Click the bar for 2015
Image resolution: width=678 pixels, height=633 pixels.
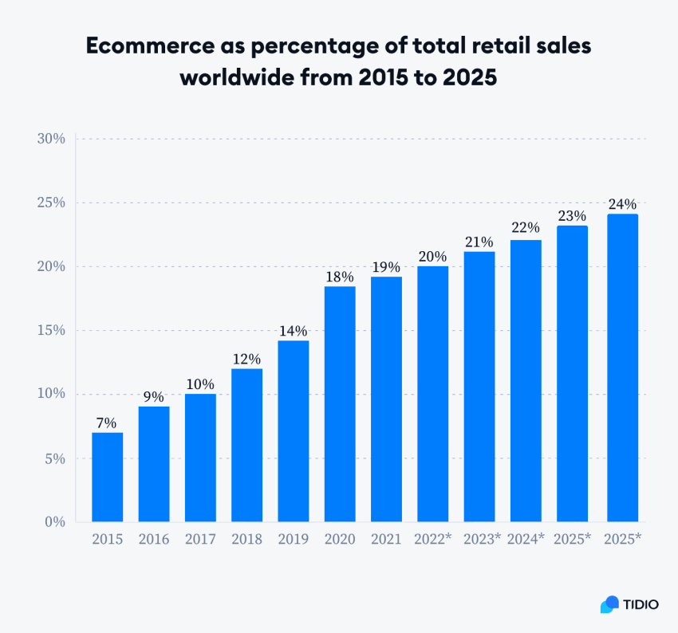click(107, 477)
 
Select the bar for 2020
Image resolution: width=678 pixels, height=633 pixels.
click(340, 404)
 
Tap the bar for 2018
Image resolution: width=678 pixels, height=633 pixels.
click(246, 445)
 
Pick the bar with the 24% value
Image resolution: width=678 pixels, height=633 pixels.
click(622, 368)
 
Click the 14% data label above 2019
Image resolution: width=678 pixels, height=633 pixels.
click(293, 332)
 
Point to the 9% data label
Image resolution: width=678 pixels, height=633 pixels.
click(153, 397)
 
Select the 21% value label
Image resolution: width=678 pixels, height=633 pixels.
click(479, 242)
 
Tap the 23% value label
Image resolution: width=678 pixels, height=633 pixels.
click(573, 216)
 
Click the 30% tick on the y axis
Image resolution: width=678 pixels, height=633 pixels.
click(50, 139)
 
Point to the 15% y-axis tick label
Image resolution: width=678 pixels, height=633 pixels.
click(50, 330)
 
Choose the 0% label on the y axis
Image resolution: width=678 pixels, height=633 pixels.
click(54, 522)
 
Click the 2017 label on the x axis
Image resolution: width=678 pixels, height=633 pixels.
click(200, 540)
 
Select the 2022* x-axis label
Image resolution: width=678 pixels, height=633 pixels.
click(433, 540)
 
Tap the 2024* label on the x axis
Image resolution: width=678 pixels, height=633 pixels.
click(526, 540)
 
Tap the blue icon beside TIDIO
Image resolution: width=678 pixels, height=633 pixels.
click(609, 604)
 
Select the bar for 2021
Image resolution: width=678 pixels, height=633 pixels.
click(386, 399)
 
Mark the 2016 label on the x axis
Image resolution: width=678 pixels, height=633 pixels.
click(153, 540)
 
